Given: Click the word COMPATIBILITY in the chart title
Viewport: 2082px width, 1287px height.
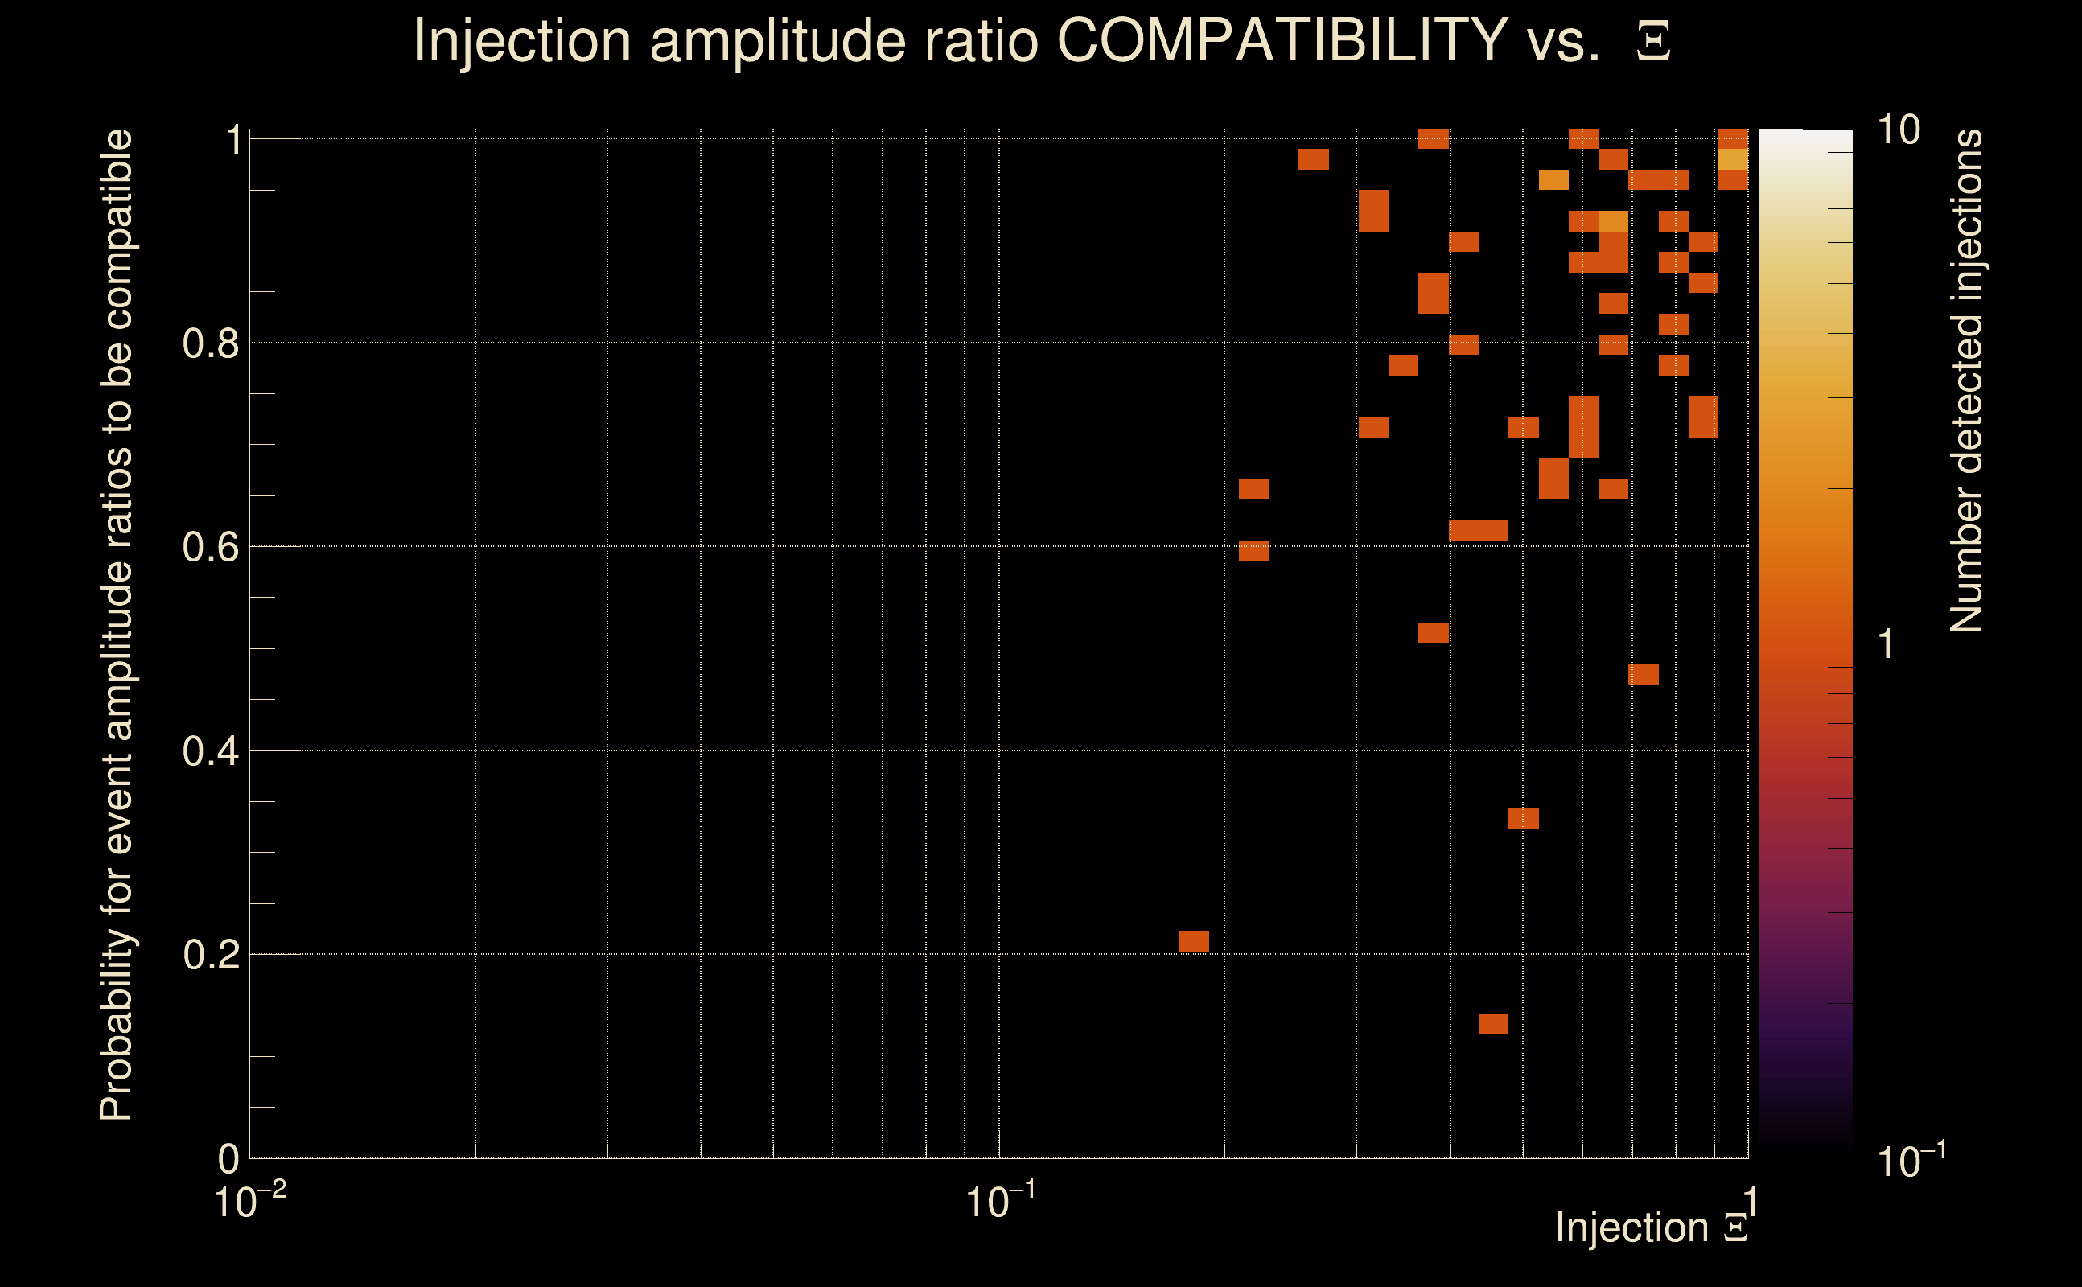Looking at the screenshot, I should pyautogui.click(x=1282, y=40).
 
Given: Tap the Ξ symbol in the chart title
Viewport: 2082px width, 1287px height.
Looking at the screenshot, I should pyautogui.click(x=1653, y=42).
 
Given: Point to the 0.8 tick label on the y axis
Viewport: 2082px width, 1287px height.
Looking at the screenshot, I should pyautogui.click(x=210, y=344).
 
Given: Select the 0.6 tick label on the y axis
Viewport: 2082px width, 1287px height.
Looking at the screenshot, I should pyautogui.click(x=210, y=547).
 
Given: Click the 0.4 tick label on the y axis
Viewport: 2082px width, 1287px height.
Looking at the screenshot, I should pyautogui.click(x=210, y=751).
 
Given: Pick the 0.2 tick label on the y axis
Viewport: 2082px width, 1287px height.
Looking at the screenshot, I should pyautogui.click(x=210, y=955).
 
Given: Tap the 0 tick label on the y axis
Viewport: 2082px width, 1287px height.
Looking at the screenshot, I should pyautogui.click(x=229, y=1159).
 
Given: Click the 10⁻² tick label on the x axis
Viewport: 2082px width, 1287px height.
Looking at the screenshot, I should pyautogui.click(x=249, y=1202).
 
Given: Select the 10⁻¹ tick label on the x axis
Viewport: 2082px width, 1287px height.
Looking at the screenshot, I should pyautogui.click(x=1000, y=1202).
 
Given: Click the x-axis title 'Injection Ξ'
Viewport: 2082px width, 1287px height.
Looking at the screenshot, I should pyautogui.click(x=1652, y=1227).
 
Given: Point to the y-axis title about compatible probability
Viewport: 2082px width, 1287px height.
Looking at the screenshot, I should pyautogui.click(x=117, y=626).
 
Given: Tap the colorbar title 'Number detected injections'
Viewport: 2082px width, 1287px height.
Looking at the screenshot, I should pyautogui.click(x=1965, y=380).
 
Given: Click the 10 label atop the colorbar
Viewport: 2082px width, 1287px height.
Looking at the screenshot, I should pyautogui.click(x=1898, y=131).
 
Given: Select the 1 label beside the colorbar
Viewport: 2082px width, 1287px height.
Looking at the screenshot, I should pyautogui.click(x=1887, y=644).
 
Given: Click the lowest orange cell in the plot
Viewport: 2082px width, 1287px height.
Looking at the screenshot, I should pyautogui.click(x=1493, y=1024).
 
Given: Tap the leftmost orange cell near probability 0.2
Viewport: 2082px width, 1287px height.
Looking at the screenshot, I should pyautogui.click(x=1193, y=942).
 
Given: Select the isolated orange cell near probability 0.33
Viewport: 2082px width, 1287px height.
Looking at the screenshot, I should pyautogui.click(x=1523, y=818).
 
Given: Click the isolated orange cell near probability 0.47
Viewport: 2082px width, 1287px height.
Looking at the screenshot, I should pyautogui.click(x=1643, y=674).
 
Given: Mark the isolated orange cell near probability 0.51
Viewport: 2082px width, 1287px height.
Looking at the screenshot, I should pyautogui.click(x=1434, y=633).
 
